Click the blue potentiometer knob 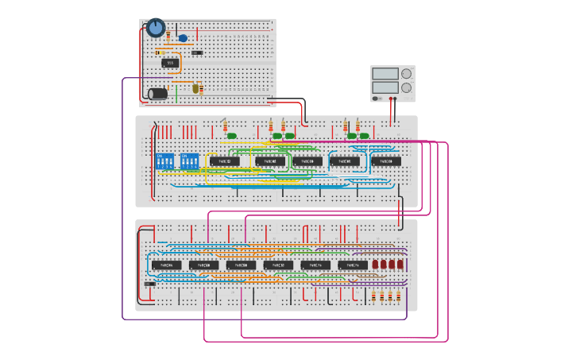[156, 28]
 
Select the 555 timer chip [169, 63]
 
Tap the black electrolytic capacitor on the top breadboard [158, 94]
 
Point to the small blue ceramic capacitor [183, 38]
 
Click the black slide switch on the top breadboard [197, 52]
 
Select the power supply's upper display [385, 74]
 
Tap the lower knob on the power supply [407, 87]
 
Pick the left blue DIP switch [166, 161]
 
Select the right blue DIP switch [190, 161]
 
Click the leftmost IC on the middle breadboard [225, 161]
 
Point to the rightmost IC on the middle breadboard [386, 161]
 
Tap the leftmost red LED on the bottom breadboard [375, 265]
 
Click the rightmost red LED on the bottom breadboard [400, 265]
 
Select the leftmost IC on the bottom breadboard [166, 265]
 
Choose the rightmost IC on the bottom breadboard [353, 265]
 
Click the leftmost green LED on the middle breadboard [232, 136]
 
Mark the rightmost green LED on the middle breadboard [364, 136]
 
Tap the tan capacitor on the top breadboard [195, 89]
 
